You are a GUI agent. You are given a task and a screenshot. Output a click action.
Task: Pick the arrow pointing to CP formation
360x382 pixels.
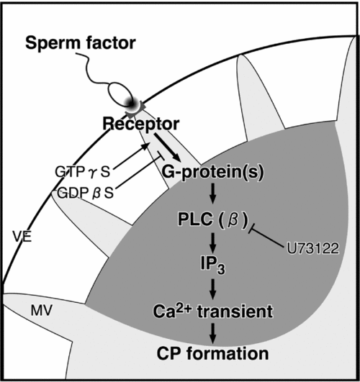coord(212,332)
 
